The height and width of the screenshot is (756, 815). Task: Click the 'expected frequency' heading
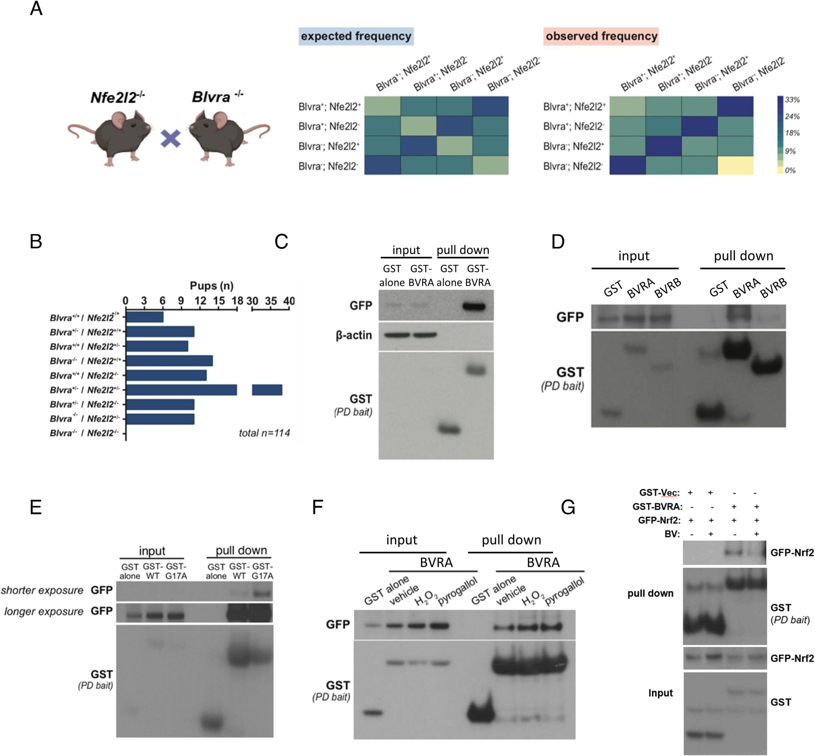(x=356, y=36)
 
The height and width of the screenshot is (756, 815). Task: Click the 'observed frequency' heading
(x=601, y=36)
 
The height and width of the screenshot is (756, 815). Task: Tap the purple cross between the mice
(x=171, y=138)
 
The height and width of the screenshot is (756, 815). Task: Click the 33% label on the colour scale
(x=792, y=100)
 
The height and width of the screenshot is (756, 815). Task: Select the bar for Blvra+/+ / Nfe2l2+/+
(x=145, y=317)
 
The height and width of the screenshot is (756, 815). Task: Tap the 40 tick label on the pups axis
(x=289, y=301)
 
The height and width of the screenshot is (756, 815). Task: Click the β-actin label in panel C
(x=354, y=335)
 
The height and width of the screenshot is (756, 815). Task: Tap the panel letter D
(x=557, y=242)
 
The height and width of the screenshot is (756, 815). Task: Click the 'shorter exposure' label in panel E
(x=42, y=590)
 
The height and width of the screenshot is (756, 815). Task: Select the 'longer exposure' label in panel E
(x=44, y=611)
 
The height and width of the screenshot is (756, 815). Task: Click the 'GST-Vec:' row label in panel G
(x=659, y=493)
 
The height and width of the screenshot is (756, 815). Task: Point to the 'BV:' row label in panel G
(x=672, y=534)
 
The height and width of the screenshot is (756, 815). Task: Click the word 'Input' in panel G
(x=660, y=693)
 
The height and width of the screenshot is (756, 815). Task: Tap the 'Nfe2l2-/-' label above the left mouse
(x=117, y=97)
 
